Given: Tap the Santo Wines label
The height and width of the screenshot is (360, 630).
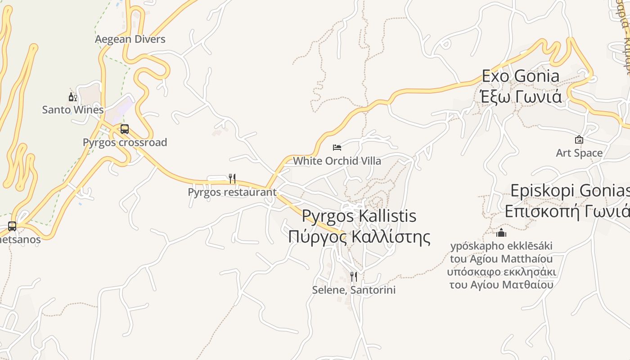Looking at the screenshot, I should pos(73,110).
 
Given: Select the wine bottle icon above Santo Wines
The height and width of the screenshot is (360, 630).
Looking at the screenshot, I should pos(72,97).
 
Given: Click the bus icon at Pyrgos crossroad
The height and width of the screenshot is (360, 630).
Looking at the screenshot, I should pos(125,129).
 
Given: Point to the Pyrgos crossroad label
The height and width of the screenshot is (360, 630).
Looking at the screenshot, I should pos(125,143).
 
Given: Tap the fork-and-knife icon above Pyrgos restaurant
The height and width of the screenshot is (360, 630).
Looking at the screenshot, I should pos(232,179).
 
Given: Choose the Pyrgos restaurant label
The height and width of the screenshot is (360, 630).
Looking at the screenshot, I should pos(232,192).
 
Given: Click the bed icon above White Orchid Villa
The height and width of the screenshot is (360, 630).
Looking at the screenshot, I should pos(337,147).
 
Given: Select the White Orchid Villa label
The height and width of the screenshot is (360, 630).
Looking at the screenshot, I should pos(337,161).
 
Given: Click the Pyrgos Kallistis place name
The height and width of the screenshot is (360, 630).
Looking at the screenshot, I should pos(359,216).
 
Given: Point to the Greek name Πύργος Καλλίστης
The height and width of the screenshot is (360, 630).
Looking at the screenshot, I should pos(359,237).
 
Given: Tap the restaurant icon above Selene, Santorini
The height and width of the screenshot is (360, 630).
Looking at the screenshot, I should pos(354,276).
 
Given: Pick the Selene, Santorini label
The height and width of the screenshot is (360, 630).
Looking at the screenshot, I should pos(354,290).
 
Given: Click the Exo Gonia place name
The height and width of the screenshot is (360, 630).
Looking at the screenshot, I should pos(521,76).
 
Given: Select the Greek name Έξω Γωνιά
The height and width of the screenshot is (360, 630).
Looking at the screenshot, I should pos(521,97).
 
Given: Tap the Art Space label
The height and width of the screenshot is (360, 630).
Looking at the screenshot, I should pos(579,153).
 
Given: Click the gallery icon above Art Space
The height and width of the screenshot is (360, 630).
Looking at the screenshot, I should pos(579,139).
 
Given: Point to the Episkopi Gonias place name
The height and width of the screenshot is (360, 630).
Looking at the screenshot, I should pos(570,191).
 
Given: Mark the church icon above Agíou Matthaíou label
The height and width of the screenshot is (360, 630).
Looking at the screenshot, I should pos(501,233).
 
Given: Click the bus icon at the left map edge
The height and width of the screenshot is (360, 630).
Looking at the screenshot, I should pos(12,226).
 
